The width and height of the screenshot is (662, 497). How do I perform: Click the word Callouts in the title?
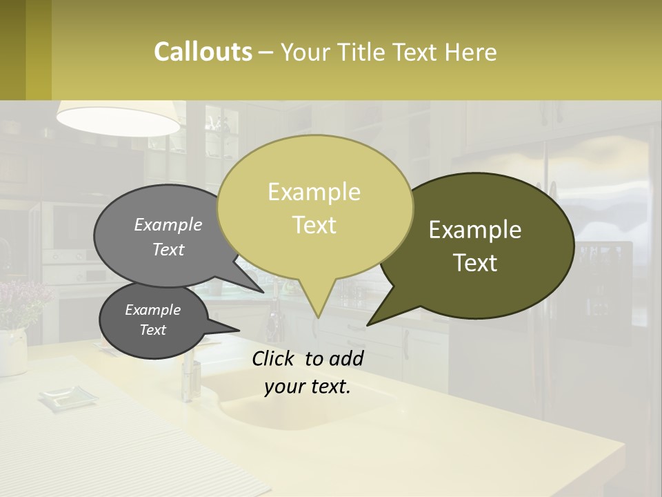[203, 52]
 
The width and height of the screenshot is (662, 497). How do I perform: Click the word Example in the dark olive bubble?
[475, 230]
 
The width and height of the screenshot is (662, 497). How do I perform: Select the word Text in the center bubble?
[314, 225]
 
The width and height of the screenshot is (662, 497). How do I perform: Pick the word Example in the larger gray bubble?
[168, 224]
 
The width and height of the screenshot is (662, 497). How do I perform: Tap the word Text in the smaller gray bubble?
[152, 330]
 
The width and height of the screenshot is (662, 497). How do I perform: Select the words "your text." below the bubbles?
[308, 387]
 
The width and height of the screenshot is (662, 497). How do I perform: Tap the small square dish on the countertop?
[68, 397]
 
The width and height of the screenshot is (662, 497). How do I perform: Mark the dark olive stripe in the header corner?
[12, 50]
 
